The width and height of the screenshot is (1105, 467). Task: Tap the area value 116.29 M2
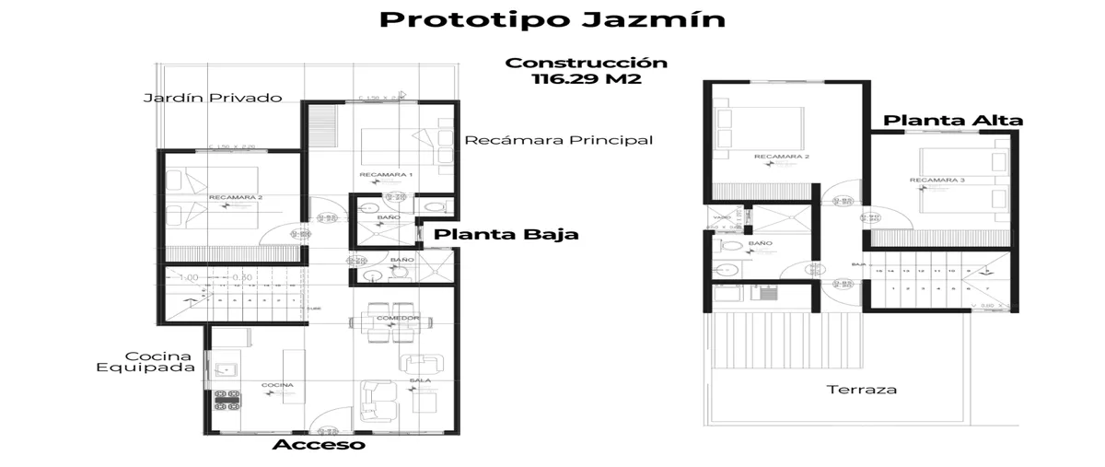[586, 79]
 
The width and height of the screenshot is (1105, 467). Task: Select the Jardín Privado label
[212, 98]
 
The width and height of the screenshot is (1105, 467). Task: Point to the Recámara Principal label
[559, 140]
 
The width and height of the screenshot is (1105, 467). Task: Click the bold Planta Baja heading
[506, 234]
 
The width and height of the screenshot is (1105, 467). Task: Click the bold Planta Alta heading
[953, 120]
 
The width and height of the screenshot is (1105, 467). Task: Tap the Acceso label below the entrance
[319, 445]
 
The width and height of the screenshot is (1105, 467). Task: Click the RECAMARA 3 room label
[936, 180]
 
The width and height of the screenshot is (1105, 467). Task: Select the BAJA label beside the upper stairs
[856, 263]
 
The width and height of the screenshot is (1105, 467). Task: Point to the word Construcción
[586, 63]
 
